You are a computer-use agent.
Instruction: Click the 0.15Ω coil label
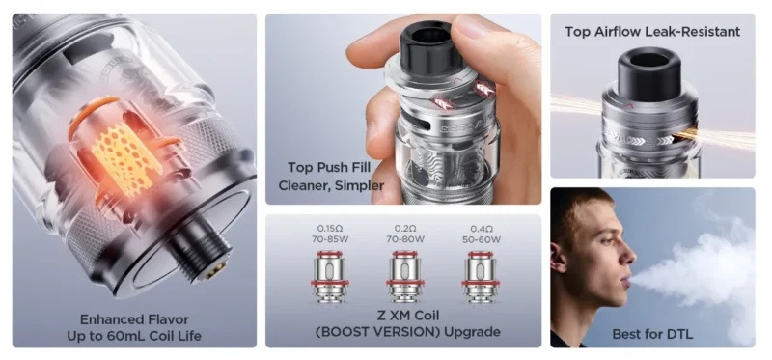pos(329,229)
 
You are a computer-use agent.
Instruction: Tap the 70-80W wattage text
pos(405,239)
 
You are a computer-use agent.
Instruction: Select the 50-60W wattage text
pos(482,239)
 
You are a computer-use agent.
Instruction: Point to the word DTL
pos(679,334)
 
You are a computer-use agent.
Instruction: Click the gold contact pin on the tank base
pos(216,270)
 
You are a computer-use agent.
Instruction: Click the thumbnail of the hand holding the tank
pos(403,109)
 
